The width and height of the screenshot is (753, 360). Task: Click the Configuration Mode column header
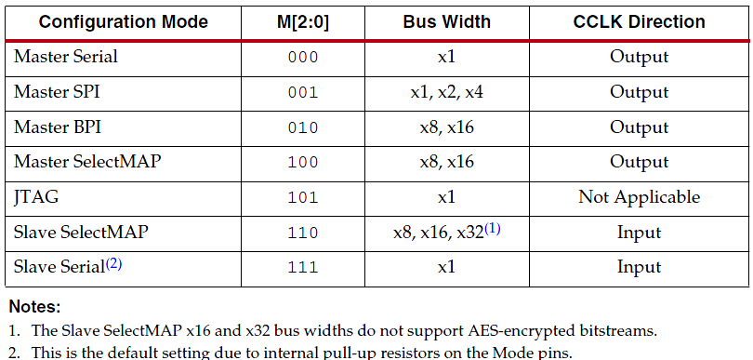pyautogui.click(x=123, y=21)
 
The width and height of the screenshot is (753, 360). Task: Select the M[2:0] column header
pyautogui.click(x=302, y=21)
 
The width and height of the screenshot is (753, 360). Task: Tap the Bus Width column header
pyautogui.click(x=446, y=21)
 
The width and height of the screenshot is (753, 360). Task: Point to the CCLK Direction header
pyautogui.click(x=639, y=21)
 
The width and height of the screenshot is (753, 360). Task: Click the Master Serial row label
pyautogui.click(x=66, y=57)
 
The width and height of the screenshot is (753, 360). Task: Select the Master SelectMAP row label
pyautogui.click(x=87, y=162)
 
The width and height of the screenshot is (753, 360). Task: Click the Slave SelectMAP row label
pyautogui.click(x=81, y=233)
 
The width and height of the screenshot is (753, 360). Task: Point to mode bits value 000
pyautogui.click(x=303, y=58)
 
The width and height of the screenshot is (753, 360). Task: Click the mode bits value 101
pyautogui.click(x=303, y=198)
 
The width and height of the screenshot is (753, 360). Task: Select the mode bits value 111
pyautogui.click(x=303, y=268)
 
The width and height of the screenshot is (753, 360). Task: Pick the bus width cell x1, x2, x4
pyautogui.click(x=446, y=92)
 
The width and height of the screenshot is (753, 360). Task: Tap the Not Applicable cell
pyautogui.click(x=639, y=197)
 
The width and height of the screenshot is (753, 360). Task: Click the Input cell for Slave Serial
pyautogui.click(x=639, y=268)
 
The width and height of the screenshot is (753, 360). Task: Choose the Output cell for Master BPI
pyautogui.click(x=639, y=127)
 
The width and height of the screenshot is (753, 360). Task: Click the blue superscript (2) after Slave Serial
pyautogui.click(x=113, y=263)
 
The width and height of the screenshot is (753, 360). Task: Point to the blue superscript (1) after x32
pyautogui.click(x=492, y=228)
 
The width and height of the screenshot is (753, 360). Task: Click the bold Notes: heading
pyautogui.click(x=35, y=306)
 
